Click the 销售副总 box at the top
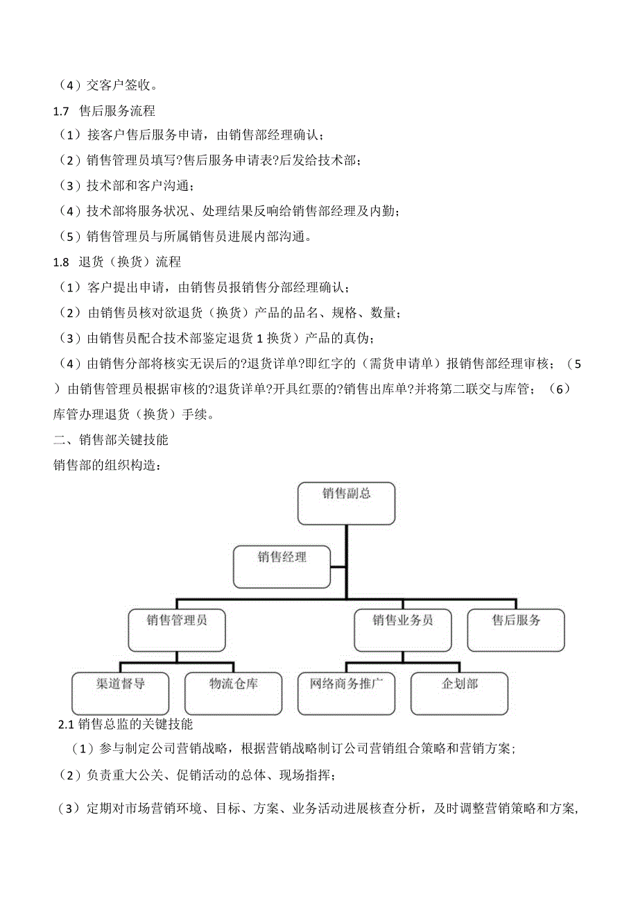pyautogui.click(x=346, y=503)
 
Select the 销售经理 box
pyautogui.click(x=282, y=566)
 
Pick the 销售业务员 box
pyautogui.click(x=402, y=630)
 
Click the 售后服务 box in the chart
pyautogui.click(x=516, y=630)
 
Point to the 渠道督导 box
pyautogui.click(x=121, y=693)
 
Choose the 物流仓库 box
pyautogui.click(x=234, y=693)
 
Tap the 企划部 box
pyautogui.click(x=459, y=693)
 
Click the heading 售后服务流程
pyautogui.click(x=117, y=110)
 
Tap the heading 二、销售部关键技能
pyautogui.click(x=110, y=440)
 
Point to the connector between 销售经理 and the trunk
pyautogui.click(x=338, y=567)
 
